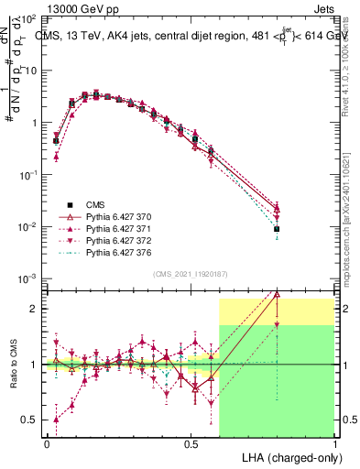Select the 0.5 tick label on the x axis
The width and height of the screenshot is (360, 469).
[x=191, y=442]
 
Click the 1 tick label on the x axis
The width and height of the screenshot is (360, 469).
[x=335, y=442]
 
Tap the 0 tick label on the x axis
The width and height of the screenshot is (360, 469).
[x=46, y=442]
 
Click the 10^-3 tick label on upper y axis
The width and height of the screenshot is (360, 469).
[x=27, y=278]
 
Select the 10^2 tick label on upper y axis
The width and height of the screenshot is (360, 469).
[x=27, y=18]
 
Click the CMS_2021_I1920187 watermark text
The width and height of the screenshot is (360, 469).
[x=190, y=274]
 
